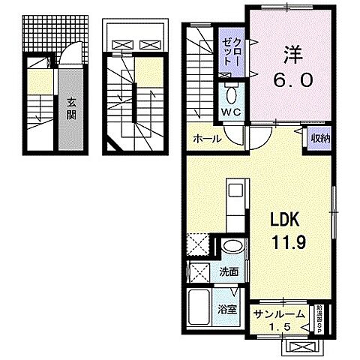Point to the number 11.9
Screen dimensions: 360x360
pos(284,242)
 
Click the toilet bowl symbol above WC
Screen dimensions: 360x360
pos(230,95)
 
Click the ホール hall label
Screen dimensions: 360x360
pos(206,139)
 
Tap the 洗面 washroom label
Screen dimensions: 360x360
pos(229,272)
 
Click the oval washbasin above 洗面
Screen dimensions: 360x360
pos(232,247)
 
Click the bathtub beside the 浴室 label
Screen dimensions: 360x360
pos(200,307)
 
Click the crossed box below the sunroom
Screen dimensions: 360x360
pos(303,346)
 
